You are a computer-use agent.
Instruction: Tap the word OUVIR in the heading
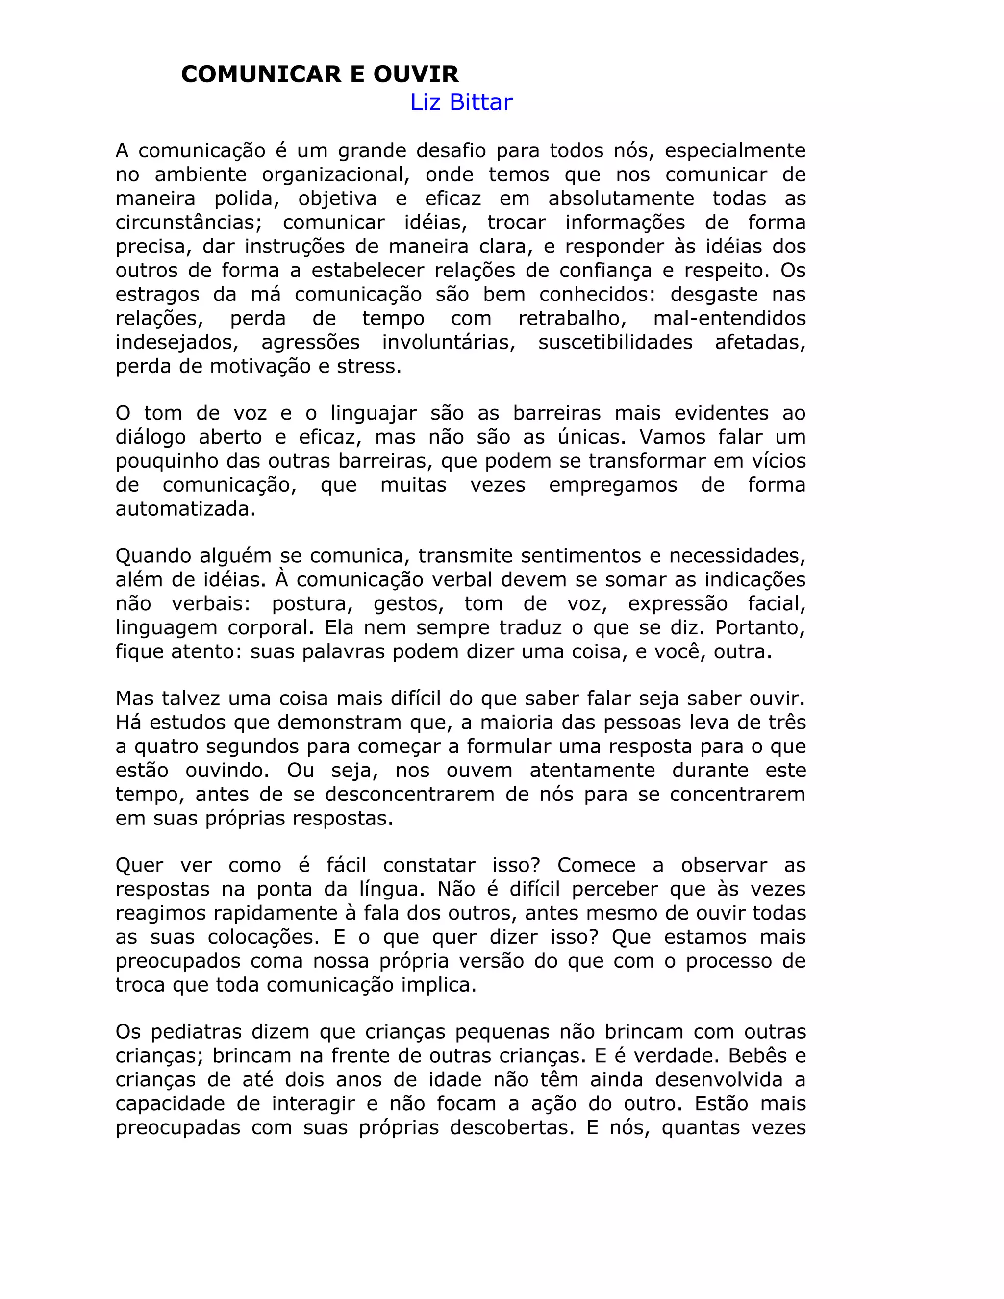pos(416,75)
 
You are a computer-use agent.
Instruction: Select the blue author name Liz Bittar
pos(461,102)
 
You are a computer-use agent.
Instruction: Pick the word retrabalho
pos(572,318)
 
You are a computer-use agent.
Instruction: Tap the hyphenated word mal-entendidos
pos(729,318)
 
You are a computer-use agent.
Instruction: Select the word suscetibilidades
pos(615,343)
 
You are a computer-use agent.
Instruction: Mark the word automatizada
pos(185,509)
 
